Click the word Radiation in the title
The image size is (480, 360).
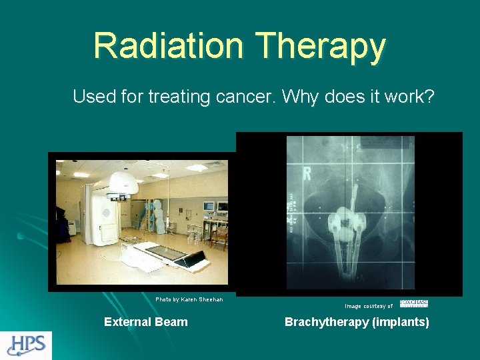(x=169, y=45)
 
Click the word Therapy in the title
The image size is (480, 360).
(x=321, y=47)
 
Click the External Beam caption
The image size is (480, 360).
(x=146, y=322)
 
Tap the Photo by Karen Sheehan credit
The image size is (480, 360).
(x=189, y=299)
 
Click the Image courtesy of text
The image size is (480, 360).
(x=369, y=306)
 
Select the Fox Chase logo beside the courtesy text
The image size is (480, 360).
(x=413, y=304)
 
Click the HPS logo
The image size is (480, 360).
(x=26, y=345)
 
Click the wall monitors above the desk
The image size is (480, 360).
(x=213, y=207)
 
